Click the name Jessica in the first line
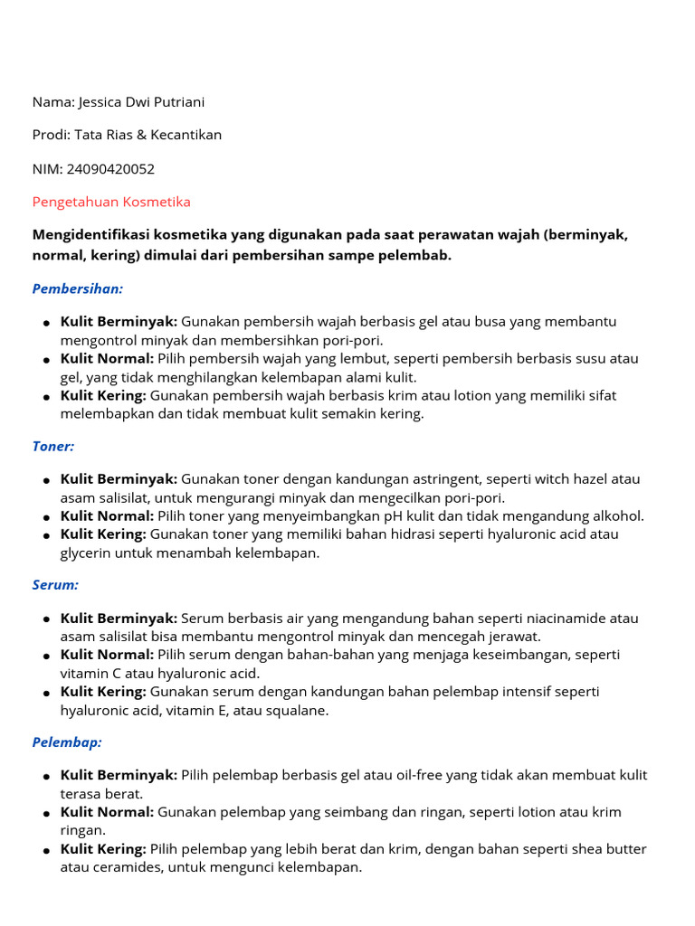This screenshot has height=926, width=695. pyautogui.click(x=105, y=102)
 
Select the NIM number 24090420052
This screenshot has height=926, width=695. pyautogui.click(x=110, y=168)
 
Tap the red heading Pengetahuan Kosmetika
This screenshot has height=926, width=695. pyautogui.click(x=111, y=202)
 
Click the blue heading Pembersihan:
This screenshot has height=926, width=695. pyautogui.click(x=78, y=288)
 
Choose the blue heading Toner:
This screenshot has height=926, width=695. pyautogui.click(x=53, y=446)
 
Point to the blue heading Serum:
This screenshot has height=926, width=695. pyautogui.click(x=55, y=584)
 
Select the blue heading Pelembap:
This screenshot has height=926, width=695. pyautogui.click(x=67, y=742)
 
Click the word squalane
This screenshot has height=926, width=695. pyautogui.click(x=298, y=711)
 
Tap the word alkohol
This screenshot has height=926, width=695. pyautogui.click(x=616, y=515)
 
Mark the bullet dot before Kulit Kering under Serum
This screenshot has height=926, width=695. pyautogui.click(x=45, y=694)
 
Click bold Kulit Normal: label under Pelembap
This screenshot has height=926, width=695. pyautogui.click(x=107, y=812)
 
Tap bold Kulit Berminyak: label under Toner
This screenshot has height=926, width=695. pyautogui.click(x=119, y=479)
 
